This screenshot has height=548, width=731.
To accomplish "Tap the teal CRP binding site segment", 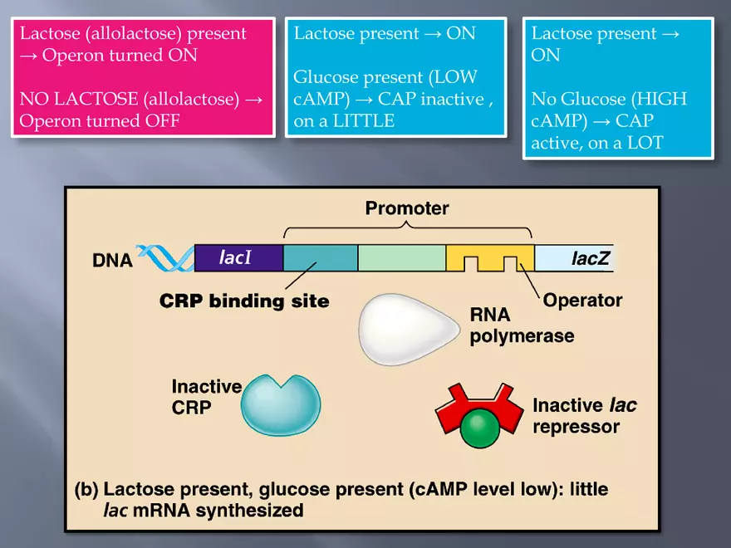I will coord(320,258).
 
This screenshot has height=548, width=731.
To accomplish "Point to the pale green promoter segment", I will coord(401,258).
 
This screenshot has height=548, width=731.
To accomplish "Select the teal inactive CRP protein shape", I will coord(281,404).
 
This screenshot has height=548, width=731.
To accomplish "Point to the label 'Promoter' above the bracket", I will coord(407,208).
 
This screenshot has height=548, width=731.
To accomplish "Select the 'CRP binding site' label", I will coord(244,301).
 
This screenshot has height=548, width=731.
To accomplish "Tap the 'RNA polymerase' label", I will coord(522,325).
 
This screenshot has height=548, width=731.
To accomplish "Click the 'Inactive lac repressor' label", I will coord(584,416).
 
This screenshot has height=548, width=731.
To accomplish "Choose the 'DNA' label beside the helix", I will coord(113,261).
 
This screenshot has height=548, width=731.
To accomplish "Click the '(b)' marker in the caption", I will coord(87,489).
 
